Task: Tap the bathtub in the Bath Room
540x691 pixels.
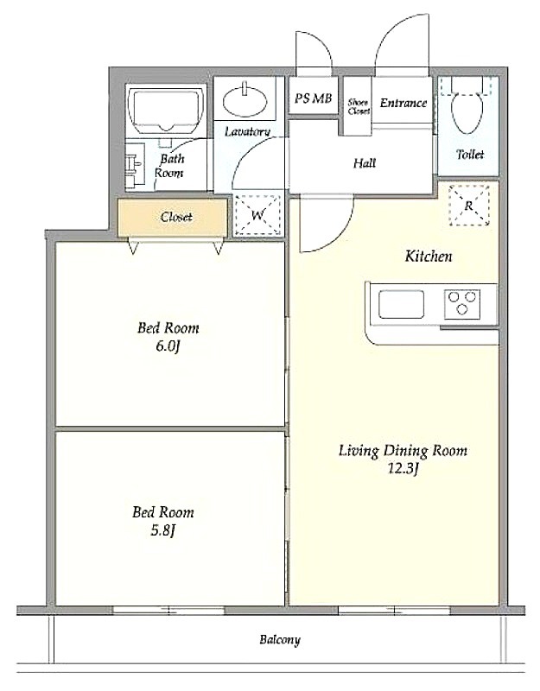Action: point(166,111)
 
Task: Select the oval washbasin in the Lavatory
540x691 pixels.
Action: point(245,101)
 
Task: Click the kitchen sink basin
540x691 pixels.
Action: point(401,305)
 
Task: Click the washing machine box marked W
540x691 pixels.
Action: point(257,215)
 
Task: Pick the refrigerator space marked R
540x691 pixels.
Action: point(469,205)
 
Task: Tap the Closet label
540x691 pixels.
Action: point(176,217)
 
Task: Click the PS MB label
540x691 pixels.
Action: point(313,98)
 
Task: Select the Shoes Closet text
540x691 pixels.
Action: point(359,106)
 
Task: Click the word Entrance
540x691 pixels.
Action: point(403,103)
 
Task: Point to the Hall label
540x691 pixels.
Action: point(365,163)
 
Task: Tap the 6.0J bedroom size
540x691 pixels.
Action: point(168,347)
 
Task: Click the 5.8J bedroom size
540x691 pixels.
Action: point(163,531)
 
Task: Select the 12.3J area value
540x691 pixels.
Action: point(403,469)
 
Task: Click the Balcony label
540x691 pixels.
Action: point(280,639)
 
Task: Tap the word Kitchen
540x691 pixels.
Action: point(429,256)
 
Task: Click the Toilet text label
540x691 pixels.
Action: point(470,155)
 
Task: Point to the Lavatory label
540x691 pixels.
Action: point(247,131)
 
